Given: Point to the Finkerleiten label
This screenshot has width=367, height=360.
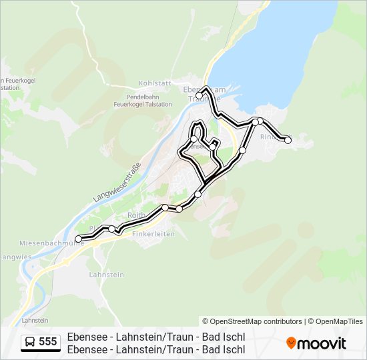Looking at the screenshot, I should [x=153, y=234].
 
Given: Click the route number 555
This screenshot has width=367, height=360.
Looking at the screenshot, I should [x=47, y=342].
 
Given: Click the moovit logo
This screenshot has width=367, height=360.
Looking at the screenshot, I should [x=316, y=343].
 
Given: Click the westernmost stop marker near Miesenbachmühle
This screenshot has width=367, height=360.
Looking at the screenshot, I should [x=78, y=239].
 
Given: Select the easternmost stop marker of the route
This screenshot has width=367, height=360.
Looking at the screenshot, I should [x=288, y=140].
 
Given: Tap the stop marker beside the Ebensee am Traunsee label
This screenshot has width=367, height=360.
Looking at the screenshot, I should [x=199, y=96].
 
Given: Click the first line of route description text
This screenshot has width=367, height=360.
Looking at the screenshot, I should [x=156, y=337].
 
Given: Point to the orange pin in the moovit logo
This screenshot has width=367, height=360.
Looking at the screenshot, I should [x=291, y=343].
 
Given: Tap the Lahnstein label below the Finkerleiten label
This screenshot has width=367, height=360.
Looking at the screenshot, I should [x=97, y=274].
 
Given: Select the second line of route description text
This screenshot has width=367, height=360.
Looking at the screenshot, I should [x=156, y=349].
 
